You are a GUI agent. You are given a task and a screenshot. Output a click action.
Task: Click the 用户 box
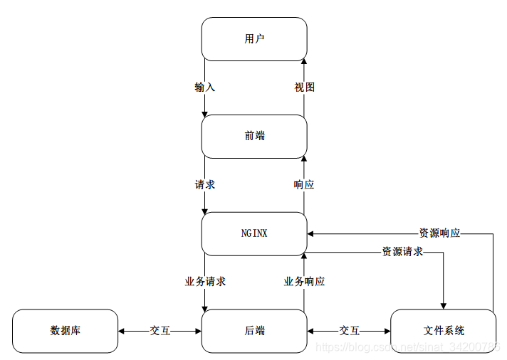click(x=254, y=39)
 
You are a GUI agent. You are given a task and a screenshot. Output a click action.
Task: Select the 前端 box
click(x=254, y=136)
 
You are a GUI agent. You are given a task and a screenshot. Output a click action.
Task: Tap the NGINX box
click(x=254, y=233)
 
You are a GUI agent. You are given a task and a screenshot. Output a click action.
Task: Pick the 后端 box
click(x=254, y=331)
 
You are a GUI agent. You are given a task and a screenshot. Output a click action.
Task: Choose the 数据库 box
click(x=65, y=331)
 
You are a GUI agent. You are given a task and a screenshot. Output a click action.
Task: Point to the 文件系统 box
click(x=443, y=331)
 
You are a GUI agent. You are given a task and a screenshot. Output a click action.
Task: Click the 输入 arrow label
click(x=204, y=88)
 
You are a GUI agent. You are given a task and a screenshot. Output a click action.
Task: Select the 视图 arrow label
click(x=304, y=88)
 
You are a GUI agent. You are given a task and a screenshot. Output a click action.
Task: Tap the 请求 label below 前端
click(x=204, y=185)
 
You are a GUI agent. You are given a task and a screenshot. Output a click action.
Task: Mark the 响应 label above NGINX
click(x=304, y=185)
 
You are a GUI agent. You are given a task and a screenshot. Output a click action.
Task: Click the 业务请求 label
click(x=205, y=282)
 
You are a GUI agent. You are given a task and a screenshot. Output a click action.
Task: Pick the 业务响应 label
click(x=304, y=282)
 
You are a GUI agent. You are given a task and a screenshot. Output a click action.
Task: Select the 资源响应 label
click(x=439, y=233)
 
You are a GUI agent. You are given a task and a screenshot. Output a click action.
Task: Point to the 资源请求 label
click(x=402, y=252)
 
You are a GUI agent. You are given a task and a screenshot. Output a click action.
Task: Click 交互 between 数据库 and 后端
click(x=160, y=331)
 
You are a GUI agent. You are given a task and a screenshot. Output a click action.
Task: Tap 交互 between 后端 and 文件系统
click(x=349, y=331)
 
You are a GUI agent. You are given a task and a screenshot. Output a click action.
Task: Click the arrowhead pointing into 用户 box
click(x=304, y=63)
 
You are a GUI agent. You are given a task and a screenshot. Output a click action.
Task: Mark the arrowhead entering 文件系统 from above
click(x=444, y=305)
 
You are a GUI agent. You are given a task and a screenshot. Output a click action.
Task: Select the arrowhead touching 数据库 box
click(x=122, y=331)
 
